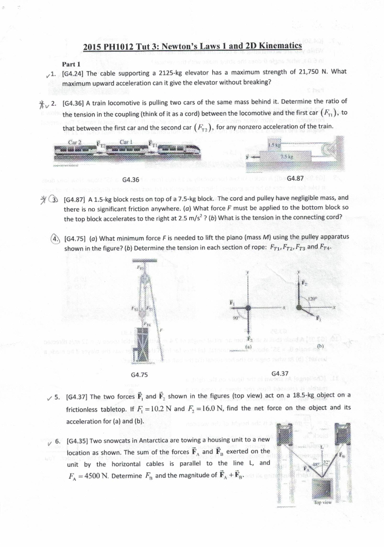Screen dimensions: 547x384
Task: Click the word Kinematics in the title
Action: [280, 46]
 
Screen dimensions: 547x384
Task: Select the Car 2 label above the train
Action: [75, 142]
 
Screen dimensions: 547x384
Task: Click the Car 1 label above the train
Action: [126, 142]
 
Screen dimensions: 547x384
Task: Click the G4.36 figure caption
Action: [131, 180]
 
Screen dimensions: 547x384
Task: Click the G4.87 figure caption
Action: [295, 178]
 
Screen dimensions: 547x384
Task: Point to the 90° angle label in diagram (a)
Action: [236, 318]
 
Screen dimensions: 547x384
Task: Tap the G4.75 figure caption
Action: [139, 375]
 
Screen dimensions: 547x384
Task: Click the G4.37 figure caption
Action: [280, 373]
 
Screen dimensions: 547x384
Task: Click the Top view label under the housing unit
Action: [323, 503]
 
